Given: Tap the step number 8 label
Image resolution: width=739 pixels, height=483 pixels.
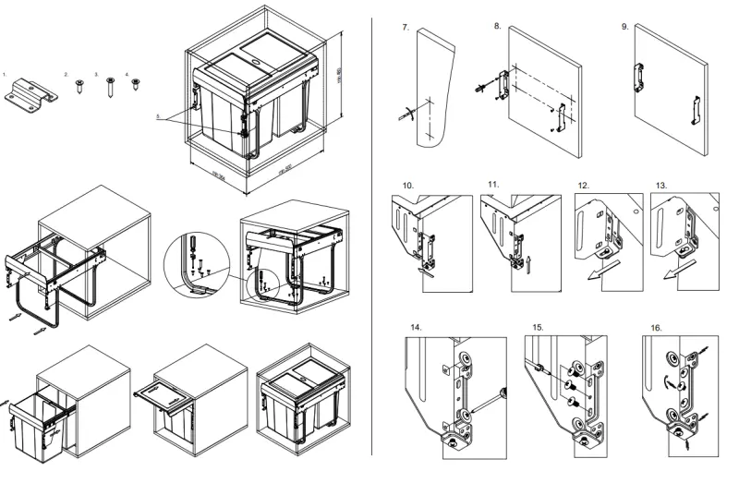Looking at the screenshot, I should (498, 26).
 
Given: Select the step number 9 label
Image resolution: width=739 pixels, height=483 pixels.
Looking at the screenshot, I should (625, 27).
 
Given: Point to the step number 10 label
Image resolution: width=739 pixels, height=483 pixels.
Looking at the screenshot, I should (407, 186).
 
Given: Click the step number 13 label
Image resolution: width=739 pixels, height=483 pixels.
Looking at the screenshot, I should (661, 186).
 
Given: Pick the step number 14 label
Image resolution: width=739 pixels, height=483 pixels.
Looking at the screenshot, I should (417, 329).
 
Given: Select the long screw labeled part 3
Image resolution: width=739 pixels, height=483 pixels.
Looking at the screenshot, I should (110, 89).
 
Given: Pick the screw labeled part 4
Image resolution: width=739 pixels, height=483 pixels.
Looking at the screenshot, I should (137, 84).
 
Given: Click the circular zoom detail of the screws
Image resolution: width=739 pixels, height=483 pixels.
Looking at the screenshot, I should (196, 262).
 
